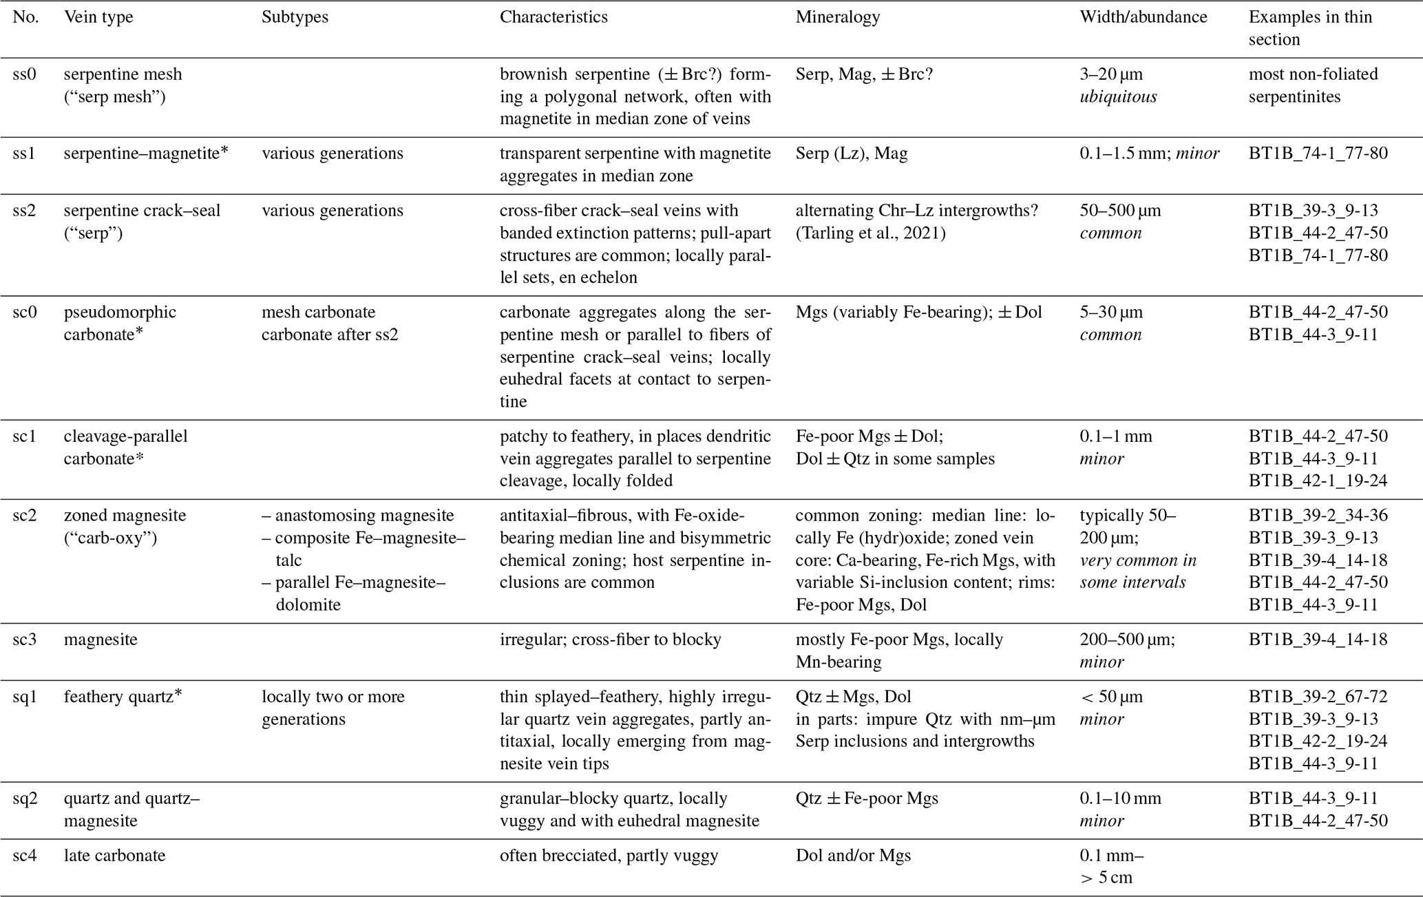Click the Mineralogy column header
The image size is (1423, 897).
pos(837,17)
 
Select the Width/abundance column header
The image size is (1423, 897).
pos(1143,17)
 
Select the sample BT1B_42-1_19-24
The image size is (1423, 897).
pos(1318,481)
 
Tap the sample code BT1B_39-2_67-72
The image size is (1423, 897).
pos(1318,697)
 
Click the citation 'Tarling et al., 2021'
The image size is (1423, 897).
pos(870,233)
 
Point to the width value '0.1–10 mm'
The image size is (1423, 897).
pos(1120,799)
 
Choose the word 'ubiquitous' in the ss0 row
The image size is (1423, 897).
pos(1118,97)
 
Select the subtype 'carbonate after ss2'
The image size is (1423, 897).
pos(330,335)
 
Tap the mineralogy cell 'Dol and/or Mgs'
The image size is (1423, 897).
pos(853,856)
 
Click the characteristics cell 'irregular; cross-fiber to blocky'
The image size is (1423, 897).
pos(610,640)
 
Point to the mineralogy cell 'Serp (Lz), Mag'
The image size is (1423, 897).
pos(852,154)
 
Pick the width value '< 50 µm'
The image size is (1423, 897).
pos(1111,697)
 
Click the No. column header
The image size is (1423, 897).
pos(25,17)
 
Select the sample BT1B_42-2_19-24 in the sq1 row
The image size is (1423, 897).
pos(1318,741)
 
